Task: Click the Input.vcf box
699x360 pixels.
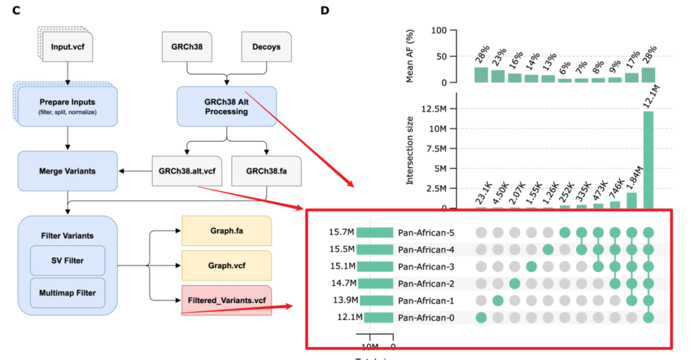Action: coord(70,47)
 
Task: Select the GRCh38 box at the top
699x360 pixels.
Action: coord(186,47)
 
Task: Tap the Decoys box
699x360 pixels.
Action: coord(266,47)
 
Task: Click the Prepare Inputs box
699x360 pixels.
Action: coord(68,106)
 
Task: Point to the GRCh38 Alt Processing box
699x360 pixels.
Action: coord(227,106)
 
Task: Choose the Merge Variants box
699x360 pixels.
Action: coord(68,171)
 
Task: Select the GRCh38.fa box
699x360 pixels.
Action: coord(266,171)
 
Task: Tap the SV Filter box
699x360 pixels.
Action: coord(68,260)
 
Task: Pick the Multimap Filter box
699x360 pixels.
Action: coord(68,293)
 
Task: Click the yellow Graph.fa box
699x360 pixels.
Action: coord(227,230)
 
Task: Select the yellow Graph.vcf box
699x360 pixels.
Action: coord(227,265)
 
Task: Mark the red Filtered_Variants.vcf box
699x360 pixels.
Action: coord(227,300)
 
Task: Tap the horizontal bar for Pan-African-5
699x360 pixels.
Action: coord(375,232)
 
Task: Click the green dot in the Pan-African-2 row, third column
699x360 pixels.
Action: coord(515,283)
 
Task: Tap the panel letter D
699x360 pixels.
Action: coord(324,10)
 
